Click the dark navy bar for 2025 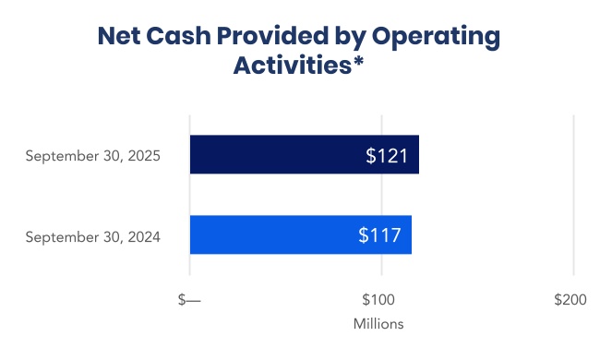[277, 155]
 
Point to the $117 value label [379, 235]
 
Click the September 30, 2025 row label [93, 156]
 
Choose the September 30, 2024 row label [93, 236]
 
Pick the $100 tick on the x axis [378, 301]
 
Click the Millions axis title [378, 325]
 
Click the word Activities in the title [293, 67]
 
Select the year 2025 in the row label [143, 156]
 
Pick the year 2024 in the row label [143, 236]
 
